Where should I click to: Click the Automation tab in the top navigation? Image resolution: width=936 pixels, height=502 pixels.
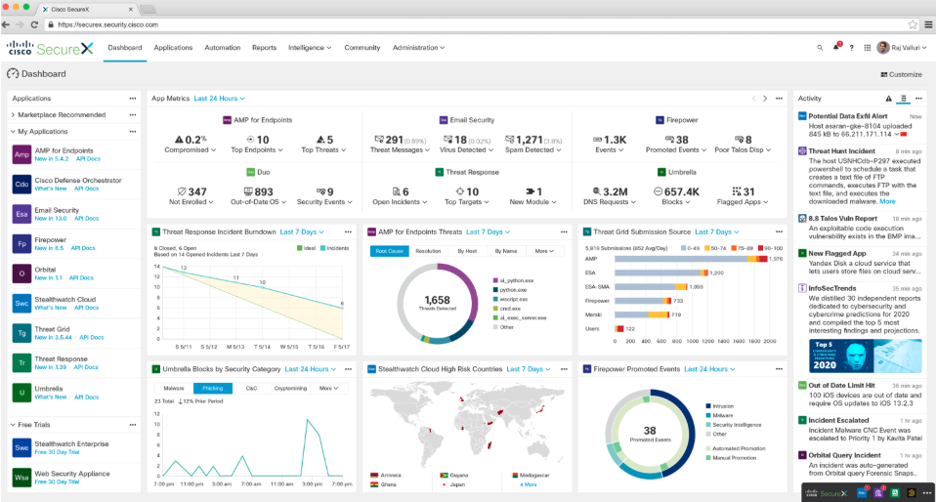coord(223,47)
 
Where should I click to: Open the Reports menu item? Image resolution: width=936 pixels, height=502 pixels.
coord(264,47)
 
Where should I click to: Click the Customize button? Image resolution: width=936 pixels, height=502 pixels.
coord(901,74)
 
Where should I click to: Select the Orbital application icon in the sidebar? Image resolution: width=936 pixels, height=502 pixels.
coord(21,274)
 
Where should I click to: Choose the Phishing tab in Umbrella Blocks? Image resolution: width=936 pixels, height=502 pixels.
coord(212,388)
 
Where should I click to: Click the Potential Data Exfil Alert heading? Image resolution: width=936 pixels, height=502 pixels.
coord(847,115)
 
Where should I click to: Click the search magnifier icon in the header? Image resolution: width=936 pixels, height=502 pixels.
coord(820,48)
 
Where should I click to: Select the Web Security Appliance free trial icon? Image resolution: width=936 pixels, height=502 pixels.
coord(21,478)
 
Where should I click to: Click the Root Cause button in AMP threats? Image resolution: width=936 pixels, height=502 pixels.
coord(390,251)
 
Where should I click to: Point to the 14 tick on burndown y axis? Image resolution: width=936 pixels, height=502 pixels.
coord(158,266)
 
